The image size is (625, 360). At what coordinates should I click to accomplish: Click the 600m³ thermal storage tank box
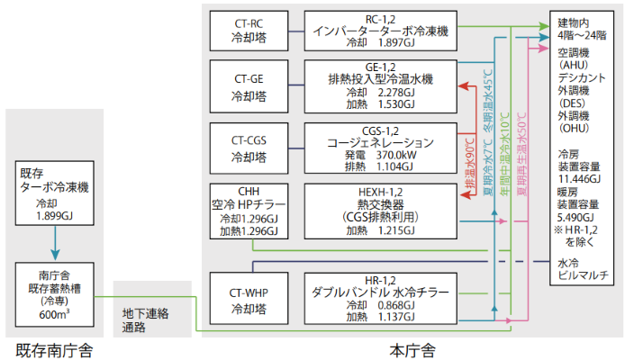click(55, 292)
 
